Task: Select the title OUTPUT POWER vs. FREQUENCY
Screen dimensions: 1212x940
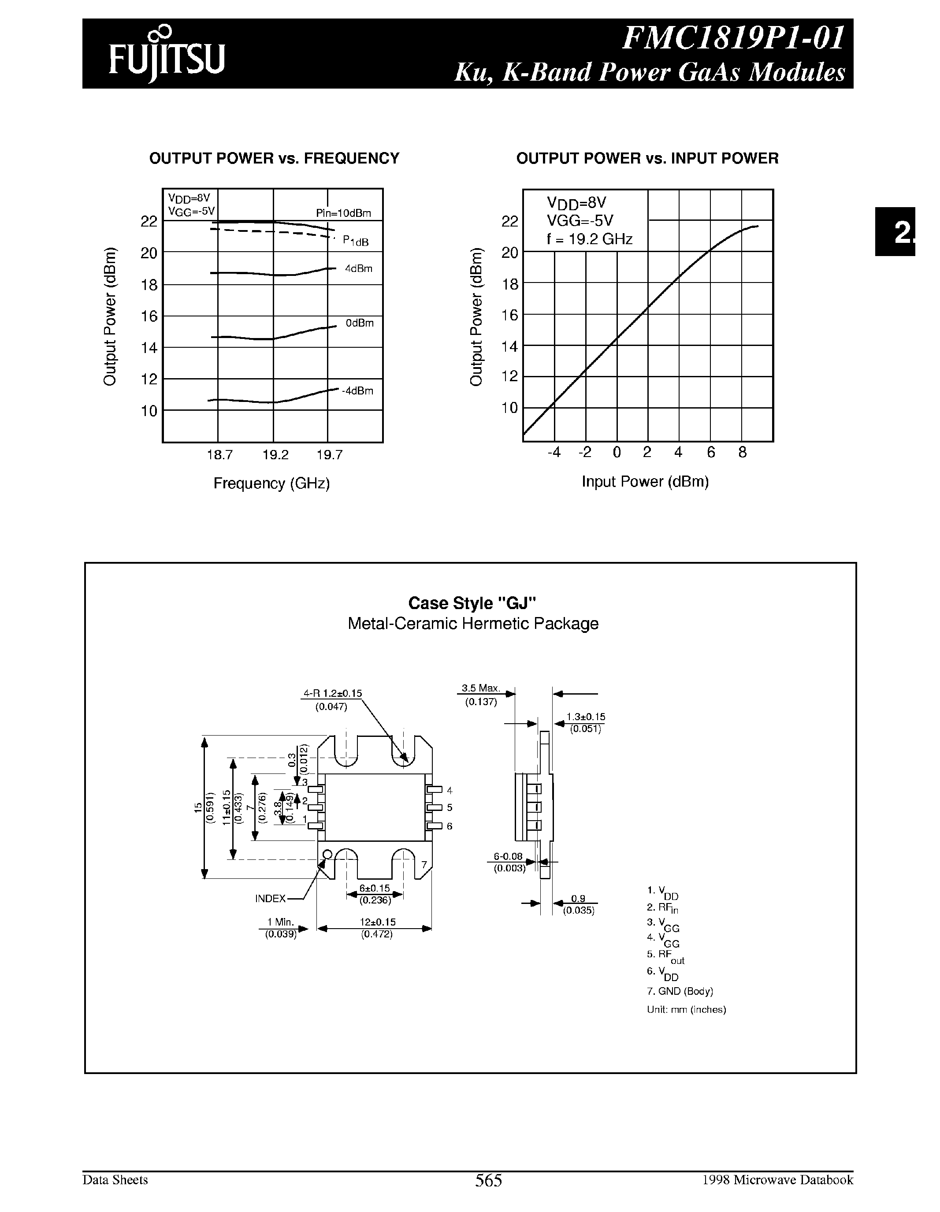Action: pos(274,159)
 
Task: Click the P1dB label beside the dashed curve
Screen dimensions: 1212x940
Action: pos(355,241)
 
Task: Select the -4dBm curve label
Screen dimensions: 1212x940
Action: pos(357,390)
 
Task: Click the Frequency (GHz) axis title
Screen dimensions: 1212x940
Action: pos(272,483)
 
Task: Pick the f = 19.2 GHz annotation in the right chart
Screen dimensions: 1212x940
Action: pos(589,240)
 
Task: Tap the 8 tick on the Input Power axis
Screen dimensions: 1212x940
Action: pos(743,453)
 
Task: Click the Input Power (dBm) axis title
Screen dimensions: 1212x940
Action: pos(645,482)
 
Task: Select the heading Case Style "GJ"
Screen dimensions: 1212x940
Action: pos(473,603)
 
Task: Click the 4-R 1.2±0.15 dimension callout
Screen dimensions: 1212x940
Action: pos(332,693)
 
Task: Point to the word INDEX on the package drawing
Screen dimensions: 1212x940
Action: pos(270,899)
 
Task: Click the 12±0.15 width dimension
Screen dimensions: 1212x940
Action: pos(377,922)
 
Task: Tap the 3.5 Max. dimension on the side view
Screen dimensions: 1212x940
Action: pos(480,688)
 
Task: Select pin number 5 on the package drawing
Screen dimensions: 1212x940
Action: pos(450,807)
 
